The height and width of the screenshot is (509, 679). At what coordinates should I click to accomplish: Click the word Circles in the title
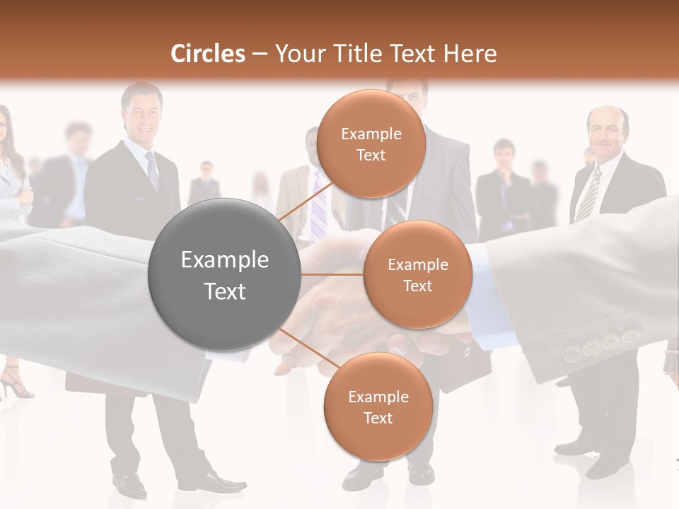pos(207,54)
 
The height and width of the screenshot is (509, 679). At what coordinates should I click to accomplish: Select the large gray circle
pos(224,274)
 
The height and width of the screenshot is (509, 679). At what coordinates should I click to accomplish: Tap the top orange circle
pos(371,144)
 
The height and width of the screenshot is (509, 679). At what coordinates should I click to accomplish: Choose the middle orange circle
pos(417,274)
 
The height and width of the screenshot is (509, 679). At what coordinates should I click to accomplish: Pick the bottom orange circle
pos(378,406)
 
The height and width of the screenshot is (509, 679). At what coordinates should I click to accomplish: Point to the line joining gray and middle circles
pos(331,274)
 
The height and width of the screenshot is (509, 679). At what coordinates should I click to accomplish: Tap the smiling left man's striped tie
pos(152,170)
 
